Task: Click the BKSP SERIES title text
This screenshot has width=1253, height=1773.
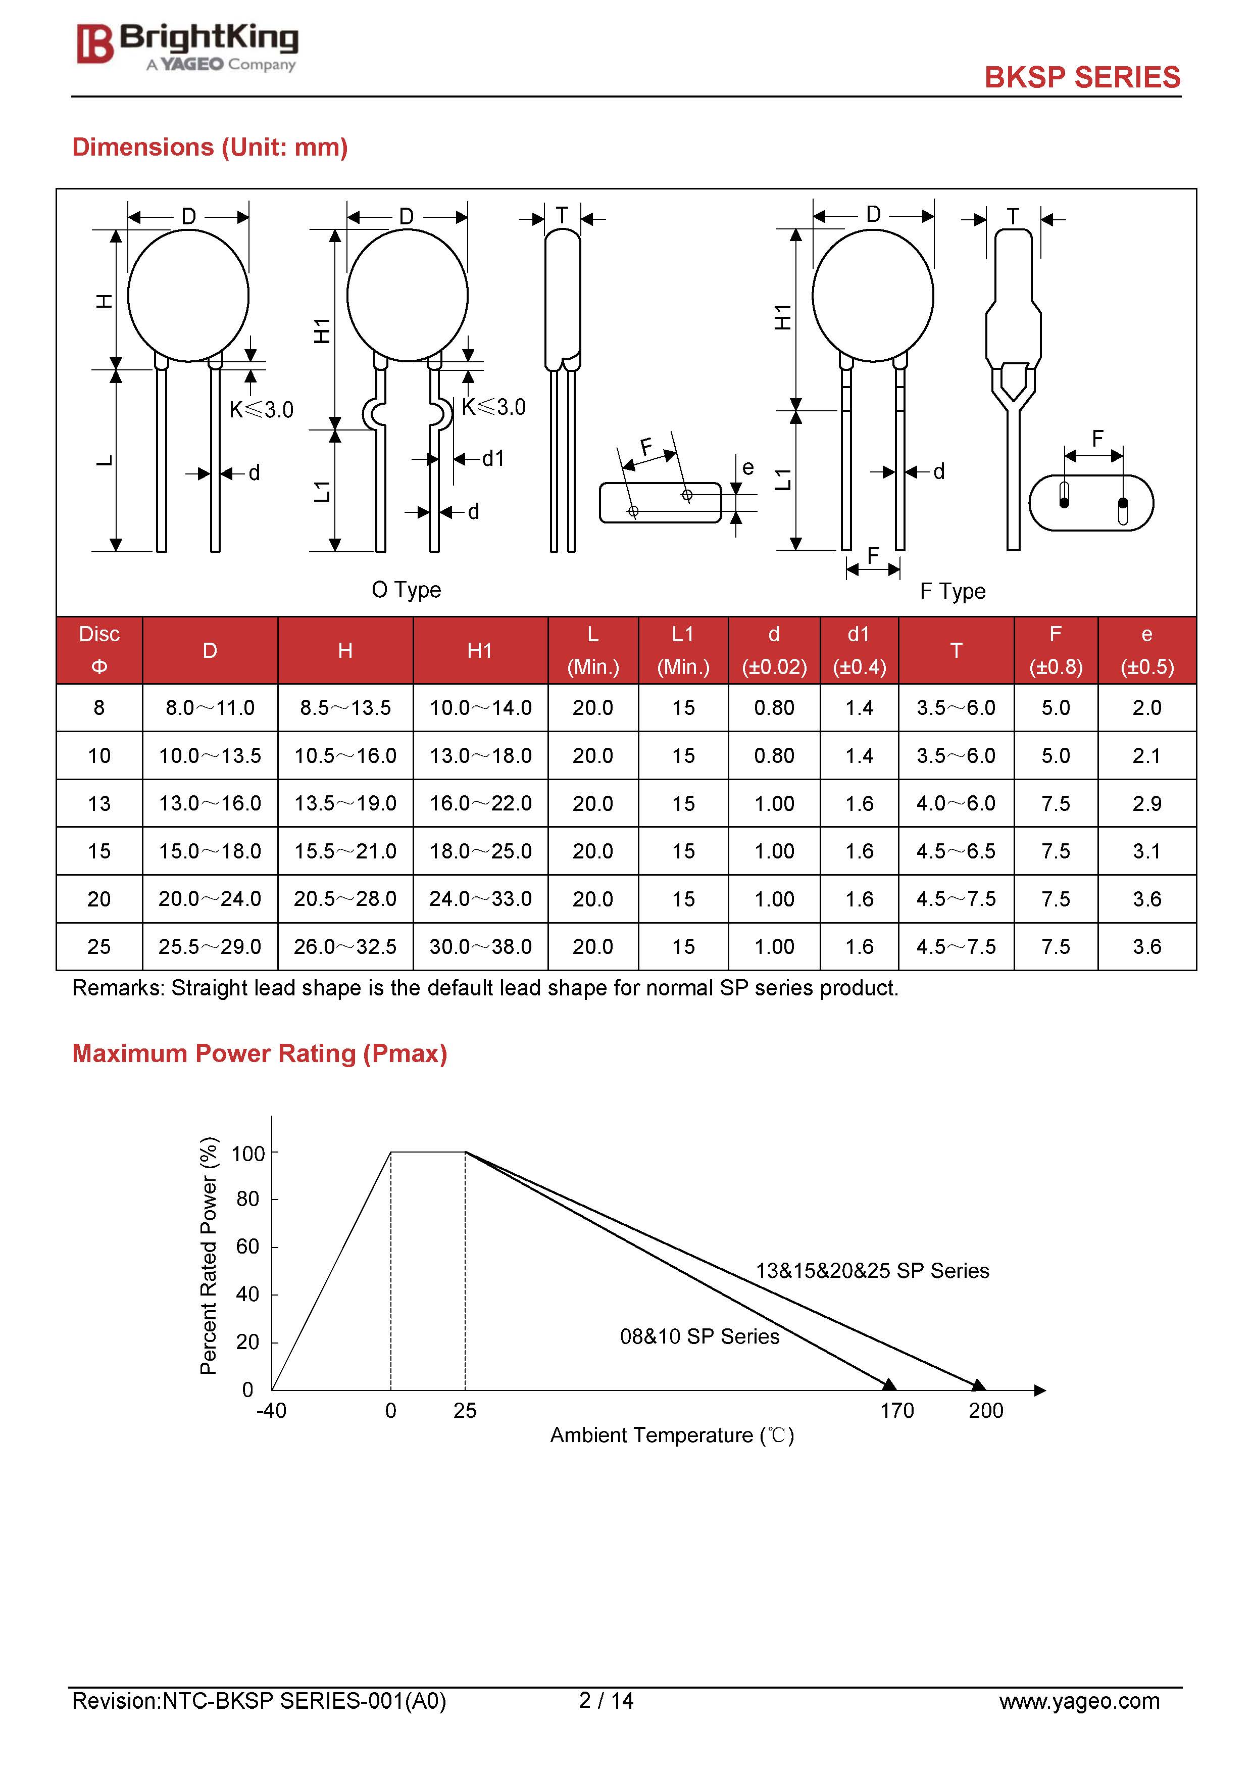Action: tap(1082, 77)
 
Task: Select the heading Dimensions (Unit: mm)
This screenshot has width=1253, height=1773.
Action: tap(210, 147)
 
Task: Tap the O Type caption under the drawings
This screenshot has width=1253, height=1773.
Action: tap(406, 590)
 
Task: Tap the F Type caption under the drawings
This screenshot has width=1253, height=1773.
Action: tap(953, 592)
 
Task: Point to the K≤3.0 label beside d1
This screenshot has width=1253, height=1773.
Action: tap(493, 408)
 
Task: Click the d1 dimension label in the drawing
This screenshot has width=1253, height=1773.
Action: tap(492, 459)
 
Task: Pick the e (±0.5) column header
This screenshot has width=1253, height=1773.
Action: tap(1146, 651)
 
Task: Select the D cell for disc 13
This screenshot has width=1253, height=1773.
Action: tap(210, 804)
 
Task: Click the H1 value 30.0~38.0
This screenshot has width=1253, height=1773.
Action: tap(480, 947)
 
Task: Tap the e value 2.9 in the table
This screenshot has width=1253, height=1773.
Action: tap(1146, 804)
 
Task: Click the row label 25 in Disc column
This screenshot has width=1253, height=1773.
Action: tap(99, 947)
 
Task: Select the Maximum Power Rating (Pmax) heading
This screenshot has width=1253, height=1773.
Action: tap(260, 1053)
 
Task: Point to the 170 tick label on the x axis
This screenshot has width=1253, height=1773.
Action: tap(896, 1411)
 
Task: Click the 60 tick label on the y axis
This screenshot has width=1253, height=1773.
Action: tap(247, 1247)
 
